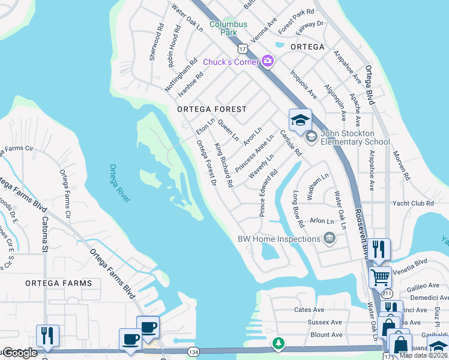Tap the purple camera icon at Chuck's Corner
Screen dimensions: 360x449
pos(268,61)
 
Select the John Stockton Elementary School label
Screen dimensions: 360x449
pos(355,137)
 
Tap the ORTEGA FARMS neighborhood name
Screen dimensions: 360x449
pos(59,283)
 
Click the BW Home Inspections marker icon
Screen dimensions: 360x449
pos(329,239)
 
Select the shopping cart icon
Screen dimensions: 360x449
pos(380,277)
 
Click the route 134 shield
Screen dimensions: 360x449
pos(193,350)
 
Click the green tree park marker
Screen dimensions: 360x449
pos(277,344)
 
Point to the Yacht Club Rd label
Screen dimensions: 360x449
pos(429,203)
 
